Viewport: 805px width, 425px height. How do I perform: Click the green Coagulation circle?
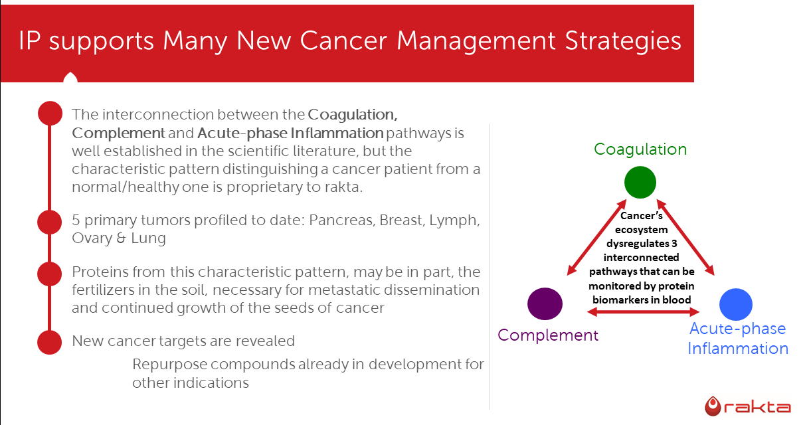pos(640,182)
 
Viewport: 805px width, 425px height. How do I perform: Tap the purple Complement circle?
pos(545,304)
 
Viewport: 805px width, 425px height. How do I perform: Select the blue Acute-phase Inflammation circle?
pos(736,304)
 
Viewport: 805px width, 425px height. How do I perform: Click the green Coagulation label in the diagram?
pos(640,149)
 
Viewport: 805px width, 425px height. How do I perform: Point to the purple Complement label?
pos(548,335)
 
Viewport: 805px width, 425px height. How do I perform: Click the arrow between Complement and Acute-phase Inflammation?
pos(643,312)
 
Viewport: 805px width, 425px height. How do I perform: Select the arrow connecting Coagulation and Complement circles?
pos(597,238)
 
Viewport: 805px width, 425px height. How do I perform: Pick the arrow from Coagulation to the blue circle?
pos(685,238)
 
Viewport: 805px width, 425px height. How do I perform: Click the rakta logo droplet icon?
pos(713,406)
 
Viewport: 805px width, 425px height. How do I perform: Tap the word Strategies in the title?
pos(623,41)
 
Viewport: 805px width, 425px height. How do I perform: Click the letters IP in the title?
pos(29,41)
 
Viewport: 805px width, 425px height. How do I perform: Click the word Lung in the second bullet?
pos(148,238)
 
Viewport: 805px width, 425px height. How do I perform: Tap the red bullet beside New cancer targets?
pos(50,342)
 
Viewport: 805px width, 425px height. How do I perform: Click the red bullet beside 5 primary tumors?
pos(50,222)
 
